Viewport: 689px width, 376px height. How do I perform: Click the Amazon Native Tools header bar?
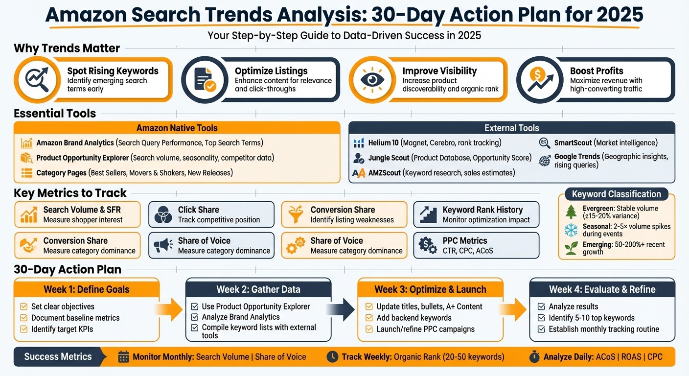177,128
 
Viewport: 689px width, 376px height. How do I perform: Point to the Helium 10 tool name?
383,143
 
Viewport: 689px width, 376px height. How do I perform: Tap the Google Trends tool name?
577,157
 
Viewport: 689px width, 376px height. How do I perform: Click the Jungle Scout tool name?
389,158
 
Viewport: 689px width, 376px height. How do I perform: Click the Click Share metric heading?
198,210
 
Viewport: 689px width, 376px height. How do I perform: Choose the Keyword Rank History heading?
482,210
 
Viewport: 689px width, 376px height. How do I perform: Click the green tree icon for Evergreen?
571,211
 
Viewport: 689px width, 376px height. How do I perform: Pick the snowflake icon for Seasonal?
571,230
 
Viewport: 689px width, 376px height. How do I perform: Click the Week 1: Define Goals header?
87,289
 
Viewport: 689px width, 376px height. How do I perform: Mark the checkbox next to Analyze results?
541,306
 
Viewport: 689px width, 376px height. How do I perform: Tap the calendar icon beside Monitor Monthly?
123,356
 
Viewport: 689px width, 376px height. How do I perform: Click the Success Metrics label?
58,356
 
